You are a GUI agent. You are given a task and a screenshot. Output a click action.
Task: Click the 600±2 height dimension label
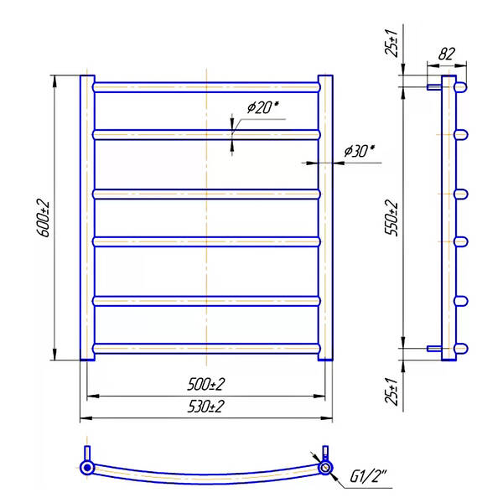43,219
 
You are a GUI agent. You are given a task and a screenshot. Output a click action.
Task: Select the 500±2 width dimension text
206,384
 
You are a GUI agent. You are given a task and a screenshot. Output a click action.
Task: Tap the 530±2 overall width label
206,407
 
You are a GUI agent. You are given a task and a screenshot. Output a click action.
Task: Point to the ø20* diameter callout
262,107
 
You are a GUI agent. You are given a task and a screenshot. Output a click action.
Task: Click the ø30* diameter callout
359,151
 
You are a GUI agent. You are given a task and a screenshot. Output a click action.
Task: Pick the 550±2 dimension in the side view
392,218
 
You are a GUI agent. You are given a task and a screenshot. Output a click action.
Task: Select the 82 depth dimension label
447,54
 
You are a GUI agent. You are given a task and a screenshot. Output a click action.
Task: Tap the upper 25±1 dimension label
392,43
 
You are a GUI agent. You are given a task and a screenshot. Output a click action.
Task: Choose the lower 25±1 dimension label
392,392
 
